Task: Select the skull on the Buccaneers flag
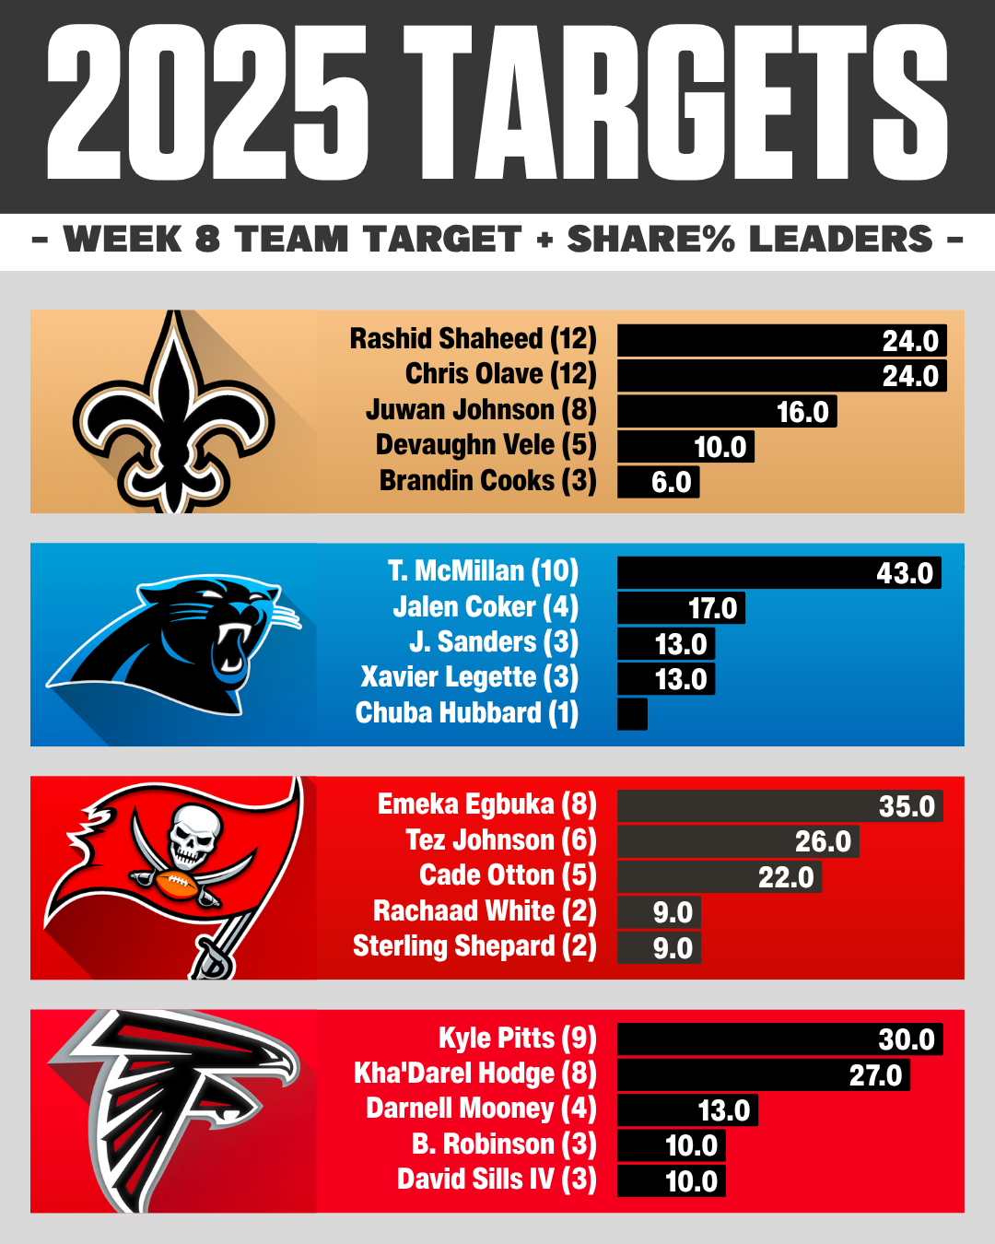193,834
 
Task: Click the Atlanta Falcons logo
175,1106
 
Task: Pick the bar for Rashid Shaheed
781,340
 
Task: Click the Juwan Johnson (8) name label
481,409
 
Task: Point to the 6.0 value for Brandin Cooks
671,482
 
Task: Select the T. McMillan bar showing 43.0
778,572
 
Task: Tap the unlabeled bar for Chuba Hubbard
632,714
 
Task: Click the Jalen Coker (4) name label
486,607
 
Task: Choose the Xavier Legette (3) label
470,677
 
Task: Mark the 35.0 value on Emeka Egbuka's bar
907,806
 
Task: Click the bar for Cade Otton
719,876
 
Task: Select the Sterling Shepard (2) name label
474,946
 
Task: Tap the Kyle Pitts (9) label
517,1039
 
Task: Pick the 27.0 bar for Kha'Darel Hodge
763,1074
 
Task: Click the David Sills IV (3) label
497,1179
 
